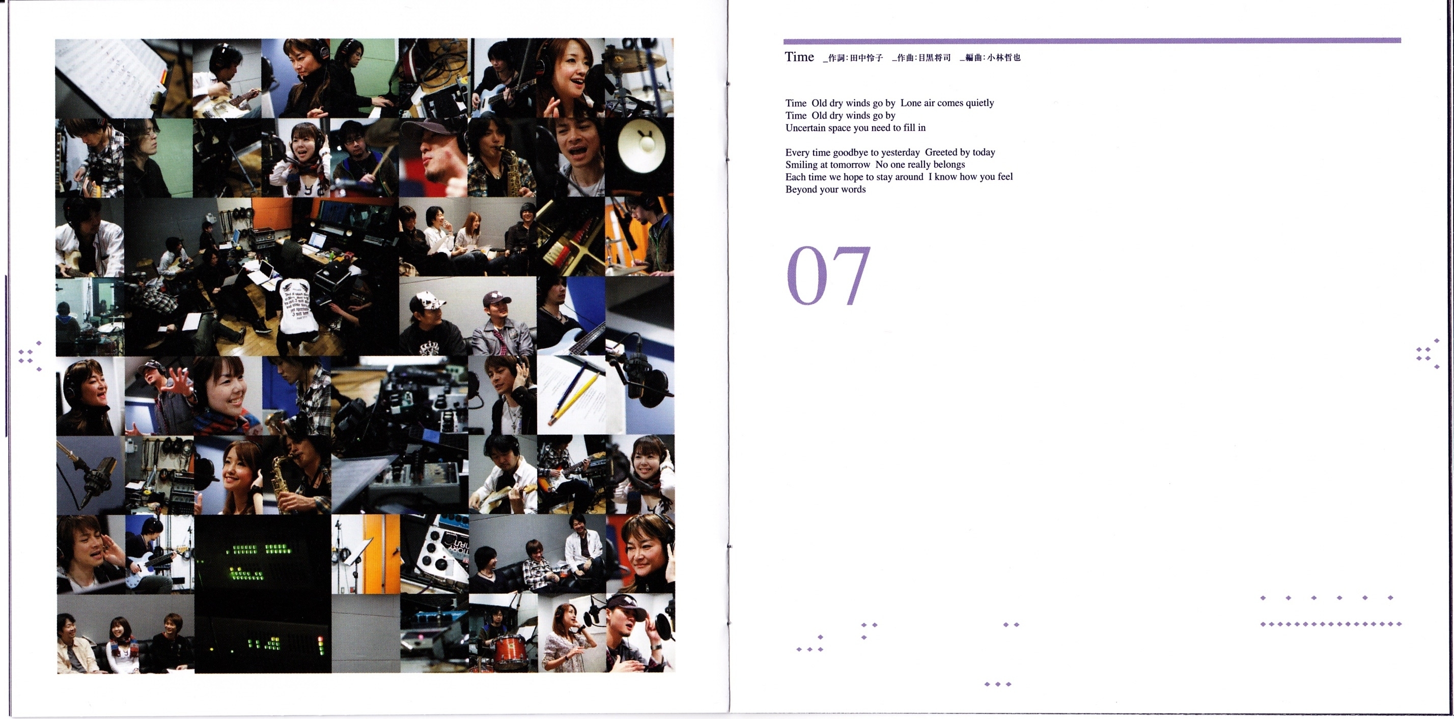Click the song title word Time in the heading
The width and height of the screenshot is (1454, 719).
[x=799, y=57]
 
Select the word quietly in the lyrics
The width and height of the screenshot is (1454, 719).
[x=980, y=103]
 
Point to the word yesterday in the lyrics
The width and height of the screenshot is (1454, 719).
[x=900, y=152]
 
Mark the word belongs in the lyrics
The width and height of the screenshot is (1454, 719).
[x=949, y=165]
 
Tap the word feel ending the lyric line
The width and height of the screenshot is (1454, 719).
[x=1005, y=177]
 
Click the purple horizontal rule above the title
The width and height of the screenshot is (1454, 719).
[x=1092, y=41]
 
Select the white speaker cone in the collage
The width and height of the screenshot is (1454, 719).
[x=641, y=146]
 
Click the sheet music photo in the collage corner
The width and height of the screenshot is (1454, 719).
[x=124, y=78]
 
